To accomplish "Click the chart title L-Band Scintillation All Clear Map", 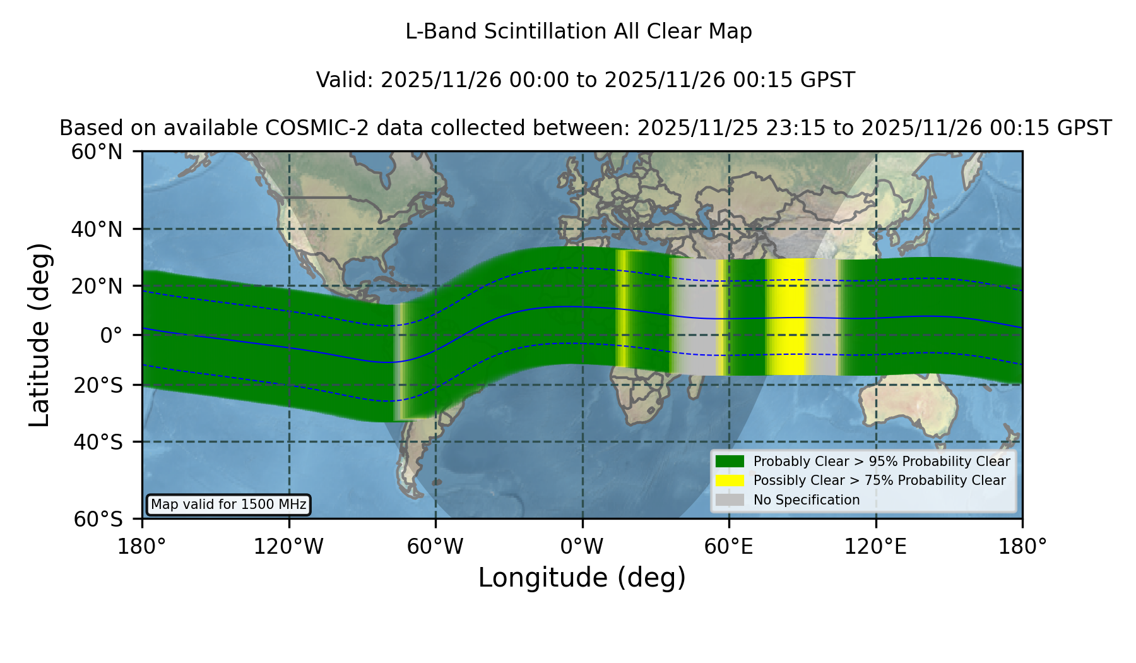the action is click(578, 32).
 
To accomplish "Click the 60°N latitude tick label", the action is click(97, 152).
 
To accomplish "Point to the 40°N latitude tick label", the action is click(97, 229).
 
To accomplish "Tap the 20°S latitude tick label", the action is click(98, 385).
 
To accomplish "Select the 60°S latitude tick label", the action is click(98, 519).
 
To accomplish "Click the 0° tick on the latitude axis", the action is click(112, 335).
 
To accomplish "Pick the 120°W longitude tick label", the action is click(288, 546).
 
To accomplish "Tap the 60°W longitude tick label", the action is click(435, 546).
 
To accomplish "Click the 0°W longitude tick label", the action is click(582, 546).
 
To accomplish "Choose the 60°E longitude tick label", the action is click(729, 546).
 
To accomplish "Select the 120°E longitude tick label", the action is click(875, 546).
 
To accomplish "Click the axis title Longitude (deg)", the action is click(582, 578).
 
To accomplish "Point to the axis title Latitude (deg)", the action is click(39, 335).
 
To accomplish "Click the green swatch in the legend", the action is click(730, 462).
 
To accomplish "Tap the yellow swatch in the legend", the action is click(730, 481).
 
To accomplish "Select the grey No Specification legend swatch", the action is click(730, 500).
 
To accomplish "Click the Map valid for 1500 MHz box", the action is click(228, 505).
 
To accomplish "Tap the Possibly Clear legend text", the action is click(880, 481).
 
